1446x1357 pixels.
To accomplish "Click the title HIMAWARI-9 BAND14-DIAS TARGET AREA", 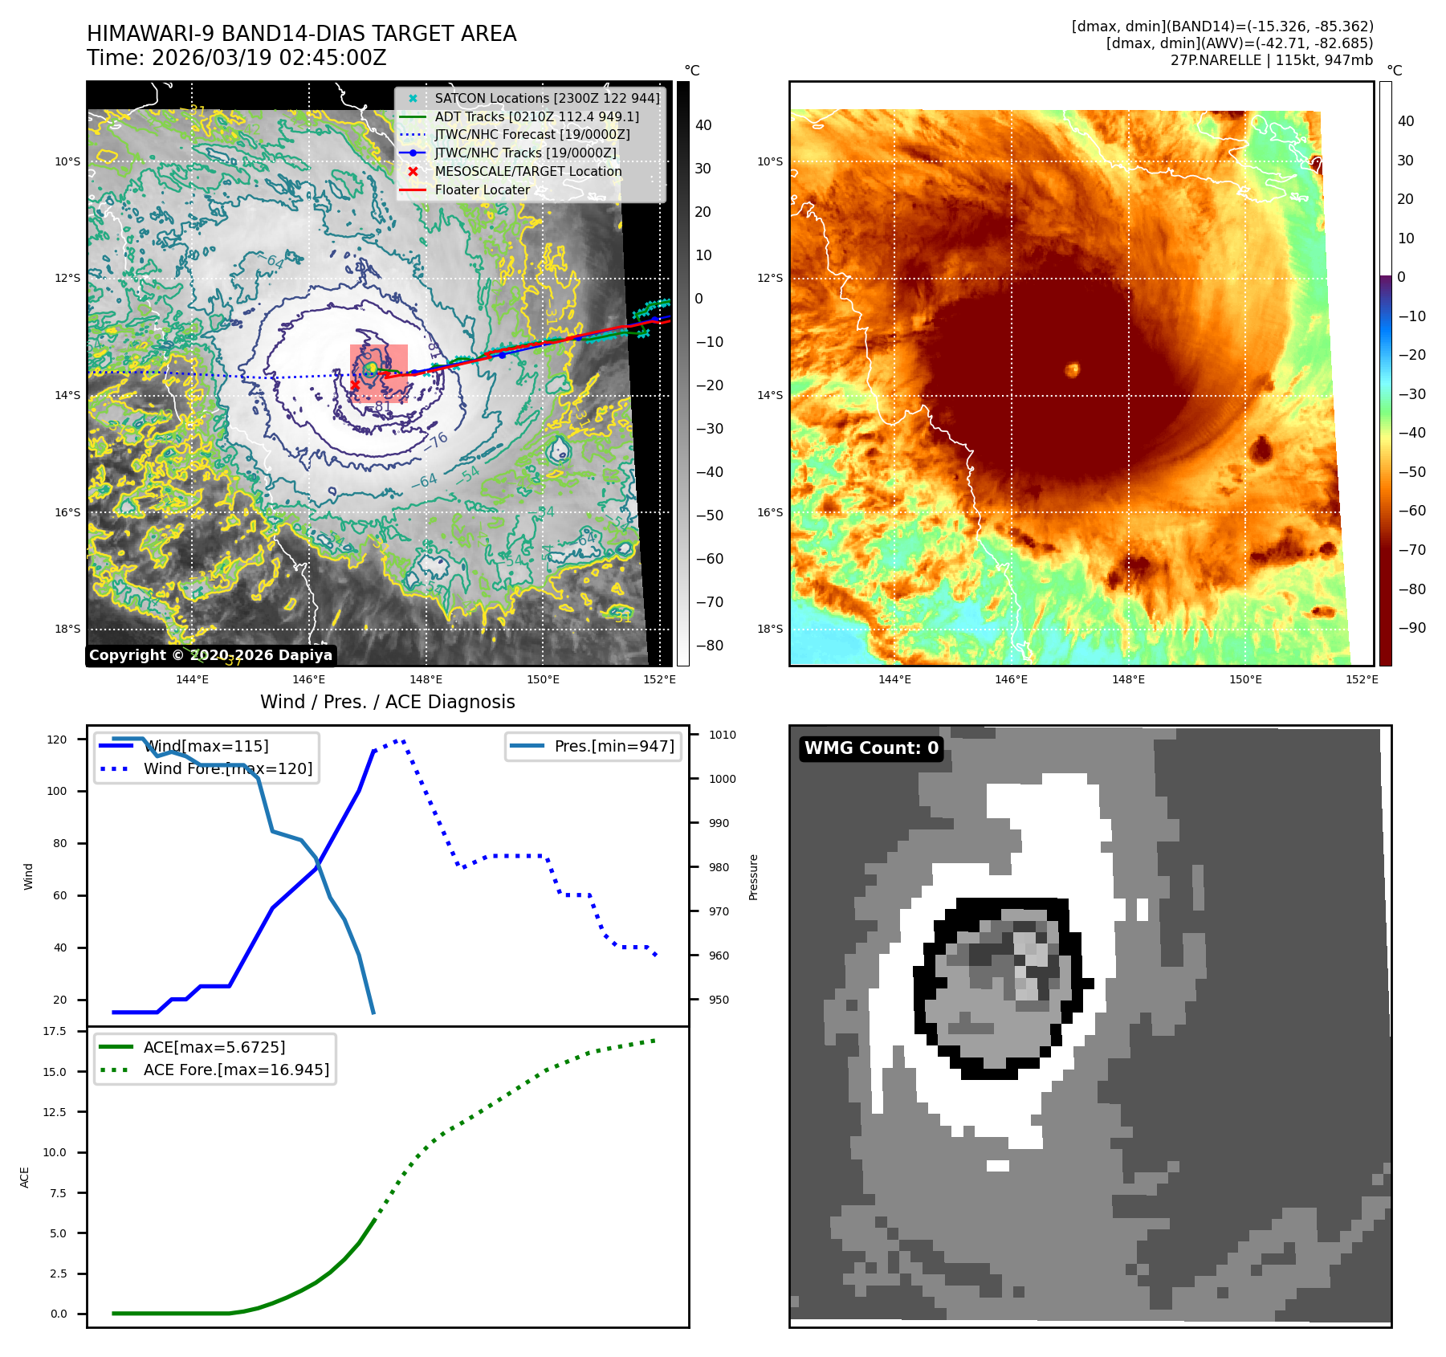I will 301,34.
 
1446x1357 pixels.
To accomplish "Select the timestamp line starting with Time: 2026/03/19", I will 237,58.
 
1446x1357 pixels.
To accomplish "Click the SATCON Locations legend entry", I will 546,98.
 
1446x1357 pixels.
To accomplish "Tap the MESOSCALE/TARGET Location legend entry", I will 527,171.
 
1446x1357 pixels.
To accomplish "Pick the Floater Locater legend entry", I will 482,189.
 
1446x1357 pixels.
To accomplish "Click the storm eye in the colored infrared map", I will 1072,369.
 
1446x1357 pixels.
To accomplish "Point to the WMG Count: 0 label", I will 871,748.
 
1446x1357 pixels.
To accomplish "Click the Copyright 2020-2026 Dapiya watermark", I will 210,655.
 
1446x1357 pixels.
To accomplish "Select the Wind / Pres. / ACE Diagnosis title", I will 388,702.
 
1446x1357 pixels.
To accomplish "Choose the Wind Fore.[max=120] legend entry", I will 227,768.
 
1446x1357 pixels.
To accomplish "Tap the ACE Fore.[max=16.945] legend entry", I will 236,1070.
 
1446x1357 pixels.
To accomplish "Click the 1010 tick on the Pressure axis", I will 722,735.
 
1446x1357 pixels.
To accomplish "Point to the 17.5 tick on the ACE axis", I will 55,1031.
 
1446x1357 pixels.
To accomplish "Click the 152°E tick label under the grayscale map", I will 659,679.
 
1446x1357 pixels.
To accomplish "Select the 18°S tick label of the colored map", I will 770,629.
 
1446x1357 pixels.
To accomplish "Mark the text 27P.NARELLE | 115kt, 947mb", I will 1271,60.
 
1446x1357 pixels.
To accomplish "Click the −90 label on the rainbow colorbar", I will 1411,628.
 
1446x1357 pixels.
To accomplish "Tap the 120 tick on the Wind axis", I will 57,740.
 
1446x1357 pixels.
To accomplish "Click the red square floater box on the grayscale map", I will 379,373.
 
